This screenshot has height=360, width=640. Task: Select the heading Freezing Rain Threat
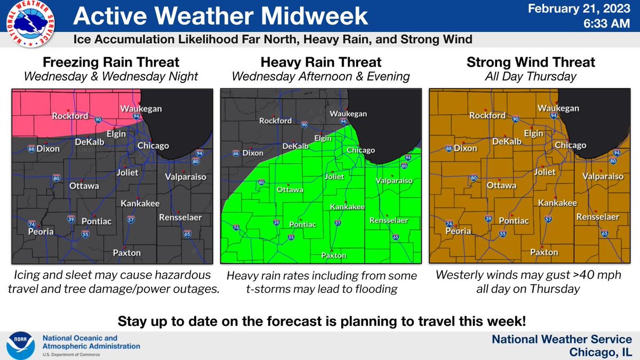[110, 62]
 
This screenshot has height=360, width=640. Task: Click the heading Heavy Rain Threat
[321, 62]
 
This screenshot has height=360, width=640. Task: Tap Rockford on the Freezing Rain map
[70, 115]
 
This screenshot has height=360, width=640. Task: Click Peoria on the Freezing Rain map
[41, 231]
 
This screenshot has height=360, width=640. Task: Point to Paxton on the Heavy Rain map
[334, 255]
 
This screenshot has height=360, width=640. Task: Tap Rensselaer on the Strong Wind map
[597, 217]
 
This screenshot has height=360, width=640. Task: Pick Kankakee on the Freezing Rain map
[138, 203]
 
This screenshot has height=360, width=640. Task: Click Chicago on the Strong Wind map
[570, 145]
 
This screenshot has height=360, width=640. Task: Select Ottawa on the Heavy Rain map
[290, 189]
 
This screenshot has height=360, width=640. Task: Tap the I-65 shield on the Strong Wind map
[604, 233]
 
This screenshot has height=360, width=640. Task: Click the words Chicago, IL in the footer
[601, 352]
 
